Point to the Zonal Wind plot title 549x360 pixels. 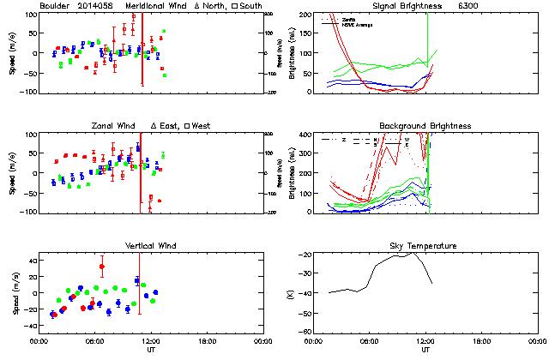114,126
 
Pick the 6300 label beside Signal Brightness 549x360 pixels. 479,6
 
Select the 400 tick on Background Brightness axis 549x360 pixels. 306,135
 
